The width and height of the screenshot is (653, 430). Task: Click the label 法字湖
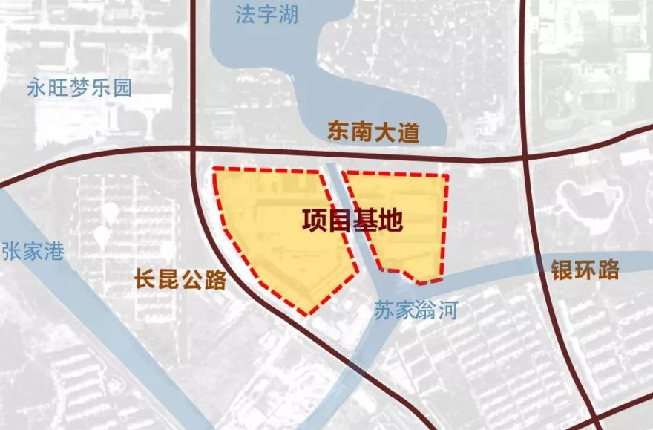[266, 15]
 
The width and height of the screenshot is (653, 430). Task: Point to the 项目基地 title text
[352, 221]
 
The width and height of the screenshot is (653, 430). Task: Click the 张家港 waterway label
[33, 250]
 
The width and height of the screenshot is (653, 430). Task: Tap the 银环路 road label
[585, 270]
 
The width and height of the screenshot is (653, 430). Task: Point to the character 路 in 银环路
[608, 270]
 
